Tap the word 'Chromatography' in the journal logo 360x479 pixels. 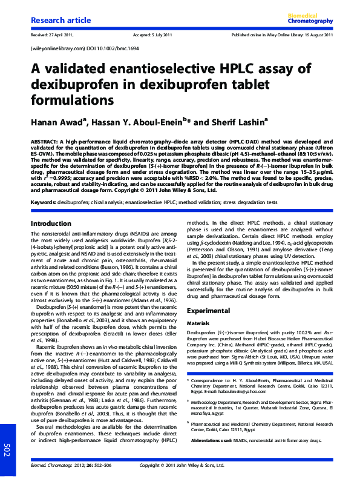pos(312,21)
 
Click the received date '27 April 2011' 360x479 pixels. pos(62,35)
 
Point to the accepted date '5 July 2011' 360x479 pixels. pos(163,35)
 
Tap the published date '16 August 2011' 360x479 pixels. pos(315,35)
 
